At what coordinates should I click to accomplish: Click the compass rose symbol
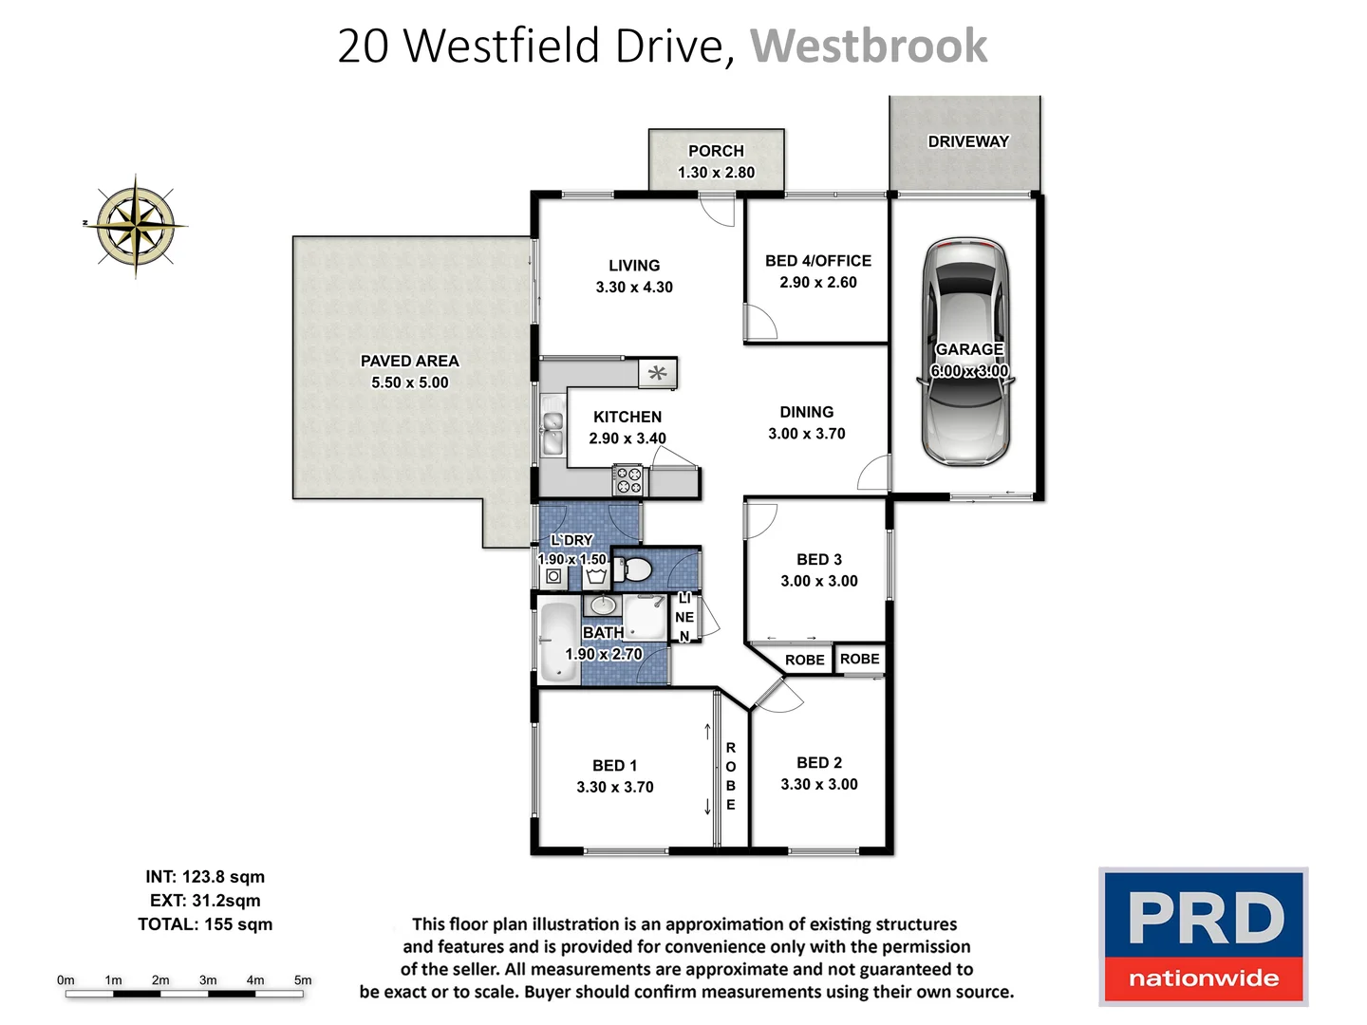click(x=137, y=226)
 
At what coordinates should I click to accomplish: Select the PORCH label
click(x=716, y=151)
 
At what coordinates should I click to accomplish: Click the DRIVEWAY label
click(x=967, y=141)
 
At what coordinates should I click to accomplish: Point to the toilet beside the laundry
click(x=633, y=569)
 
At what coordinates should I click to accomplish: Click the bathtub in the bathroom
click(x=558, y=643)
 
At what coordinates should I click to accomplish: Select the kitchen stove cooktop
click(x=627, y=480)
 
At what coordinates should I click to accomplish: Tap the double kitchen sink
click(x=552, y=430)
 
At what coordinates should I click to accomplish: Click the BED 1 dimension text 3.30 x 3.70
click(x=614, y=787)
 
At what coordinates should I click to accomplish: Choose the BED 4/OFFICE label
click(x=817, y=260)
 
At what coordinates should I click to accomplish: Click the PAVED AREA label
click(x=409, y=361)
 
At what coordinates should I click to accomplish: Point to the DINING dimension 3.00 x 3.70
click(x=806, y=434)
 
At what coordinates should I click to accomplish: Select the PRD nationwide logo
click(x=1203, y=936)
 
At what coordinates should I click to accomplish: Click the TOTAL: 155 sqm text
click(x=205, y=924)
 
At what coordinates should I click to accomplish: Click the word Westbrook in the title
click(x=869, y=46)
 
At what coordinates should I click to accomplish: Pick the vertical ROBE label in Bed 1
click(x=730, y=776)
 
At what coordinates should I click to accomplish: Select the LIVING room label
click(x=633, y=266)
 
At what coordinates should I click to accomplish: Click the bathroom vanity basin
click(x=602, y=606)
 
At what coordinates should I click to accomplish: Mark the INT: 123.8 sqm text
click(x=205, y=877)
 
